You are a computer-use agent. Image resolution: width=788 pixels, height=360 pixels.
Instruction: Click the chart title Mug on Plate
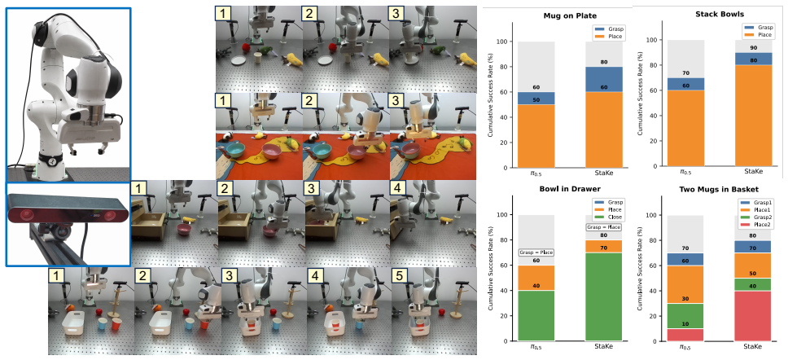570,15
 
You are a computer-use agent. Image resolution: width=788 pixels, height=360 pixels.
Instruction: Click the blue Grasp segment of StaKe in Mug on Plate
603,78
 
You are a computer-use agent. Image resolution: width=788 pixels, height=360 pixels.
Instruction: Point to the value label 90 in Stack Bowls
753,48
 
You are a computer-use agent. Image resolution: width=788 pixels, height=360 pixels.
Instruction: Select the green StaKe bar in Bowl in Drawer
603,296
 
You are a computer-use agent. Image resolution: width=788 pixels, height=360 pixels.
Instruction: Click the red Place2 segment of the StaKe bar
753,316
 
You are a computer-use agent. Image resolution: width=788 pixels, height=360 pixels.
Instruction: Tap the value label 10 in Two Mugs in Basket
685,323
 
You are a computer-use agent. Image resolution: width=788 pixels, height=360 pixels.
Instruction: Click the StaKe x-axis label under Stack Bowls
753,172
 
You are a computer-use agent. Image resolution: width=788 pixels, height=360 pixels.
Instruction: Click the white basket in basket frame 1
80,323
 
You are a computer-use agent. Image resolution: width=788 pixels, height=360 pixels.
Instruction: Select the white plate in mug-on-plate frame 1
239,60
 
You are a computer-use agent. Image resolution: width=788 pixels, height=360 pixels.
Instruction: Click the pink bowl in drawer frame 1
185,229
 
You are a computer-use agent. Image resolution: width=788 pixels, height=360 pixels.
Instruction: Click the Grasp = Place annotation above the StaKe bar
603,227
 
